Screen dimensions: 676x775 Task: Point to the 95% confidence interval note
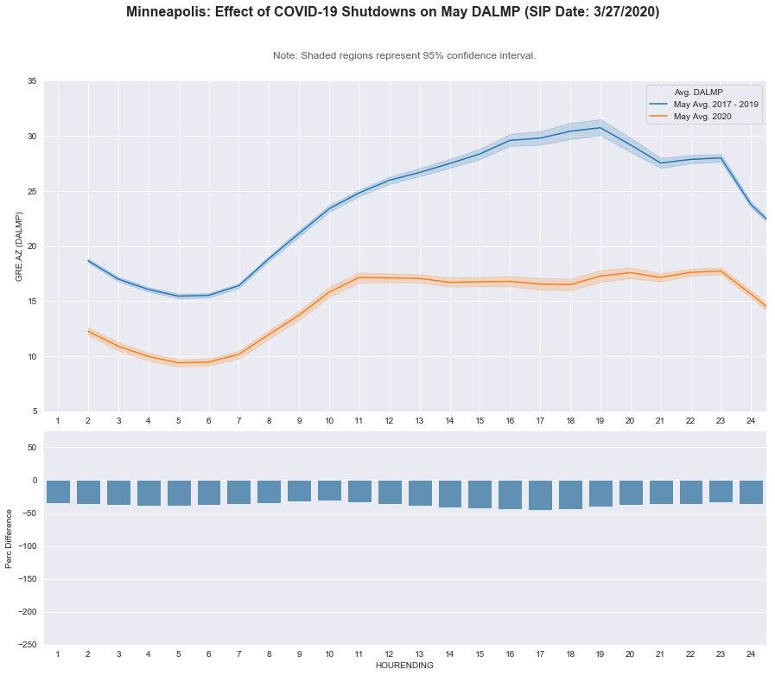click(404, 55)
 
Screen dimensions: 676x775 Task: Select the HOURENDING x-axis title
click(404, 666)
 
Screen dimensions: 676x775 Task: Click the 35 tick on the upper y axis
click(31, 81)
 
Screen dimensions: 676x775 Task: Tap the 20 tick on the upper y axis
click(31, 246)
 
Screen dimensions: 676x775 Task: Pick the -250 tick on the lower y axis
click(28, 645)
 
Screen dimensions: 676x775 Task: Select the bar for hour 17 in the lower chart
click(540, 495)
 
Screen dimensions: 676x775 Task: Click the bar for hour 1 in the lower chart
click(58, 492)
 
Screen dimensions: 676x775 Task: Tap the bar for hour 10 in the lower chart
click(329, 490)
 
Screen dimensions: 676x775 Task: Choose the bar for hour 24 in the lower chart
click(751, 492)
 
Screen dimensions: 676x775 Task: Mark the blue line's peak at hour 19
click(600, 128)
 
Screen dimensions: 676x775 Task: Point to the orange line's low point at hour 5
click(179, 363)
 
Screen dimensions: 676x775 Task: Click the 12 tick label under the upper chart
click(389, 420)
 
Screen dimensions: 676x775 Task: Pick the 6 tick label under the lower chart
click(208, 654)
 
